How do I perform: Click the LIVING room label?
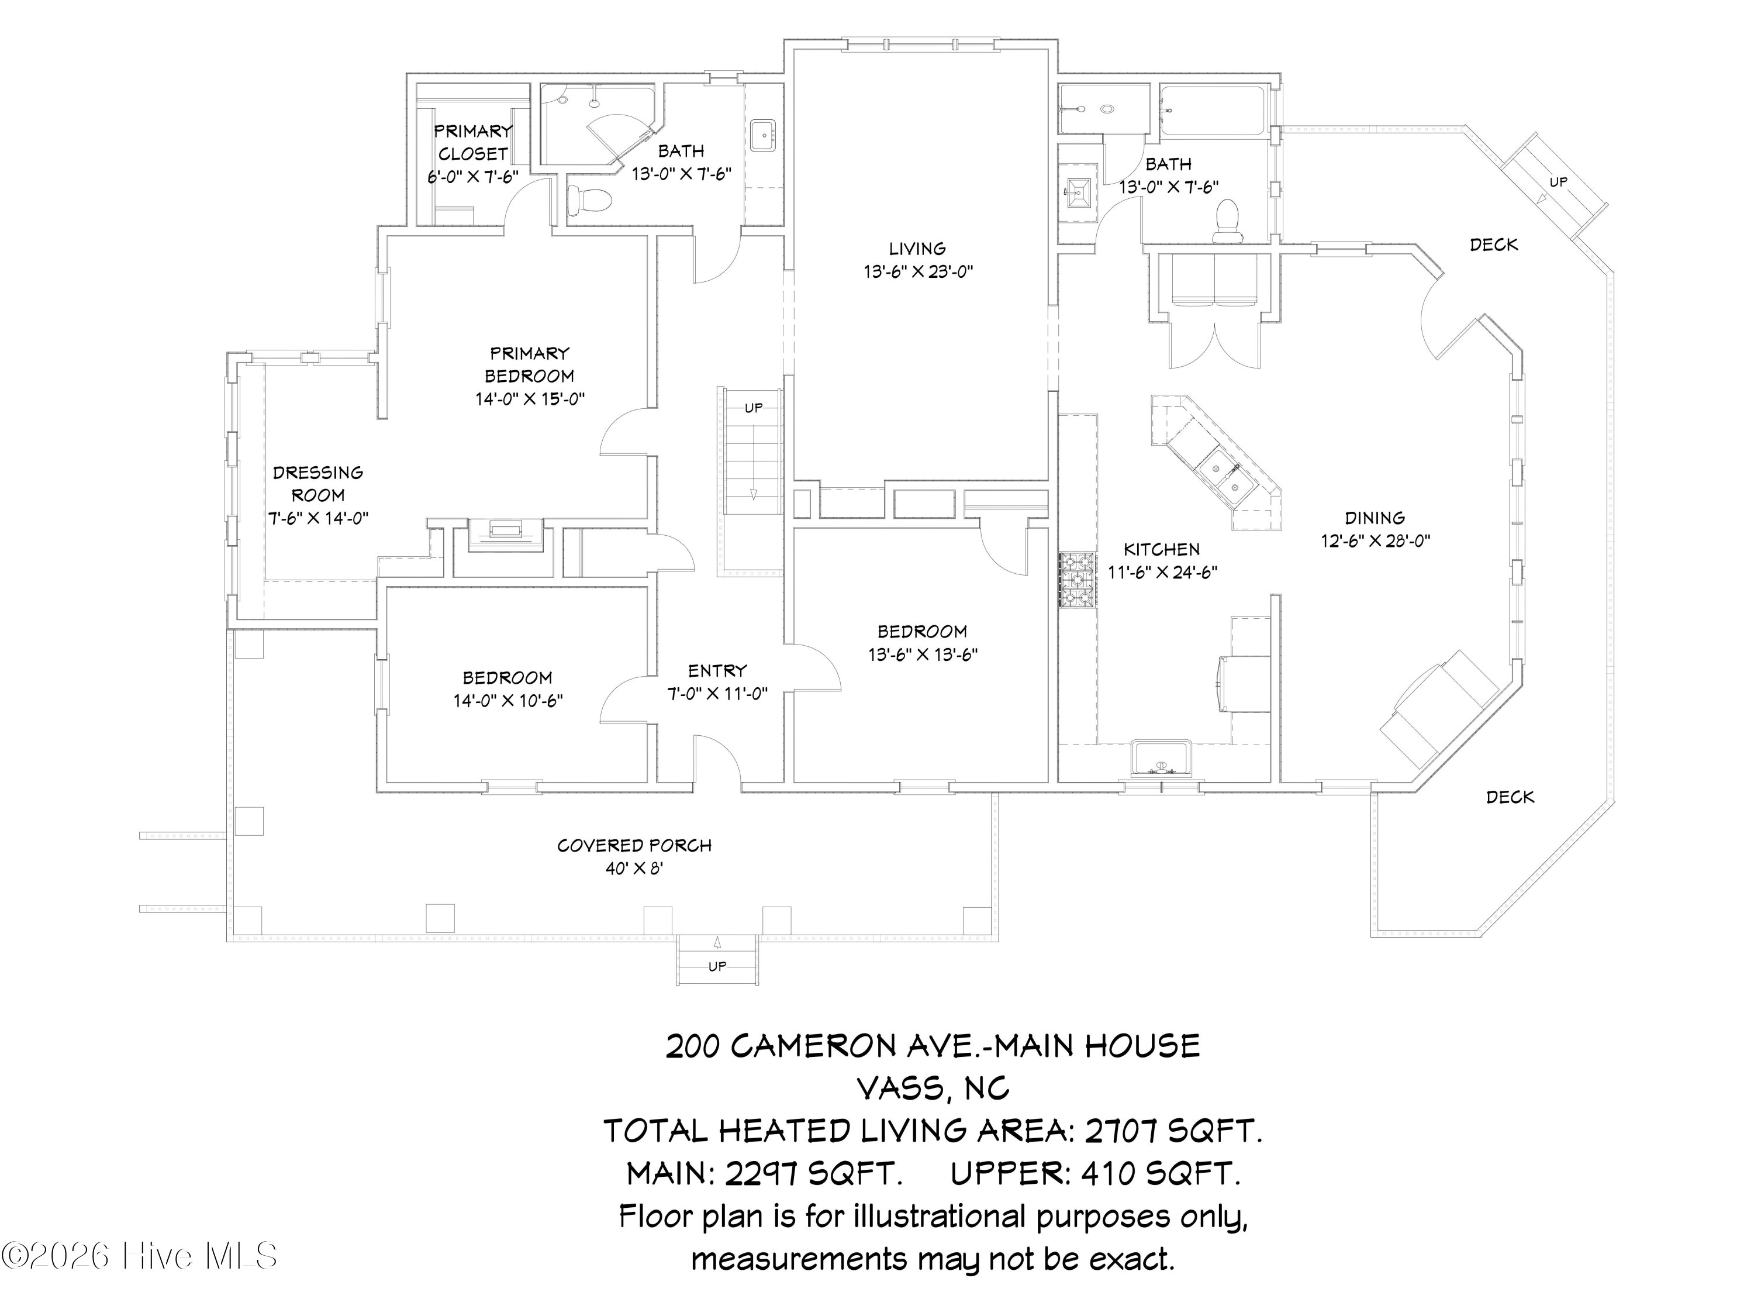tap(917, 249)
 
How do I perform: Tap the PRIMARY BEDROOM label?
tap(530, 365)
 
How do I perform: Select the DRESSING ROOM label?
tap(318, 484)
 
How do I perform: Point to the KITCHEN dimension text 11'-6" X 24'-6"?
tap(1162, 573)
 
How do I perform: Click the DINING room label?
tap(1375, 518)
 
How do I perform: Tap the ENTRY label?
tap(717, 671)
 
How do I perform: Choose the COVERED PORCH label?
tap(634, 846)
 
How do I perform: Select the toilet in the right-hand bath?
tap(1227, 221)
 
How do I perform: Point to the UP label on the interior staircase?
tap(753, 408)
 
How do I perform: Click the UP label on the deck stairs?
tap(1558, 182)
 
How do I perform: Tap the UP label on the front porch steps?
tap(717, 967)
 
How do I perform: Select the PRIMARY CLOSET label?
tap(474, 143)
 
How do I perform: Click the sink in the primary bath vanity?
tap(764, 135)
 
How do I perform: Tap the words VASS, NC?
tap(933, 1088)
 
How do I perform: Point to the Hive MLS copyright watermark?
tap(140, 1256)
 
